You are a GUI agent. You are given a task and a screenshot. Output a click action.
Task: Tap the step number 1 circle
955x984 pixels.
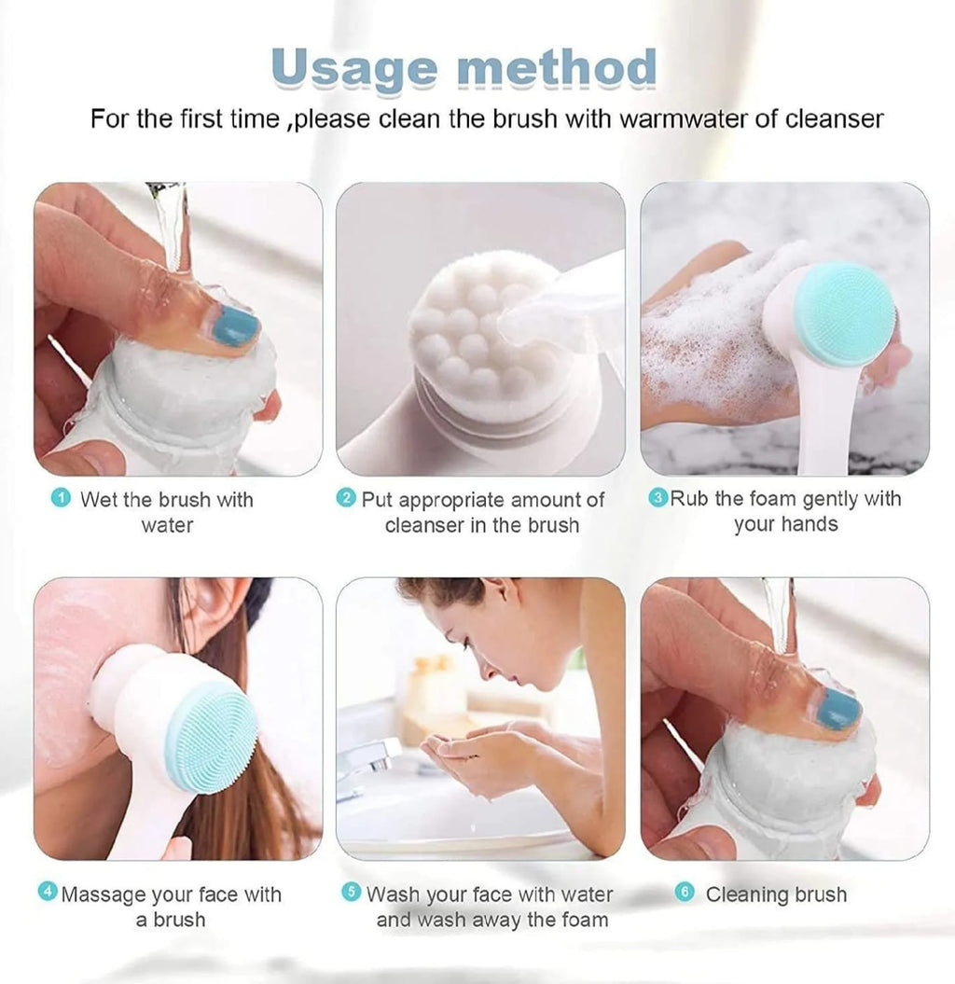coord(62,499)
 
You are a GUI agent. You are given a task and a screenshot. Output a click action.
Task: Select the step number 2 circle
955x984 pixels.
coord(346,499)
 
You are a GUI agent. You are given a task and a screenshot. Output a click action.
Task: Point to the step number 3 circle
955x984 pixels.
coord(657,498)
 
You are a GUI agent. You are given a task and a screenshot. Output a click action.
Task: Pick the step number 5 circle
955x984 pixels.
coord(352,892)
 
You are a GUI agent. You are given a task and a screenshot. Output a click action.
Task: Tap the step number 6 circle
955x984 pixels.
coord(684,893)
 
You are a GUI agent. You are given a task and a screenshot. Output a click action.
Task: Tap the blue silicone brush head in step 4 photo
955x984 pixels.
coord(211,737)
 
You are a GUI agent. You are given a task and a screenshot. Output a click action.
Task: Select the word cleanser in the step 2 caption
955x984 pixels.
coord(424,525)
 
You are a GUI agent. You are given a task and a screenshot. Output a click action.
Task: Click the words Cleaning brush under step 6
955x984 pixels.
coord(776,894)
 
